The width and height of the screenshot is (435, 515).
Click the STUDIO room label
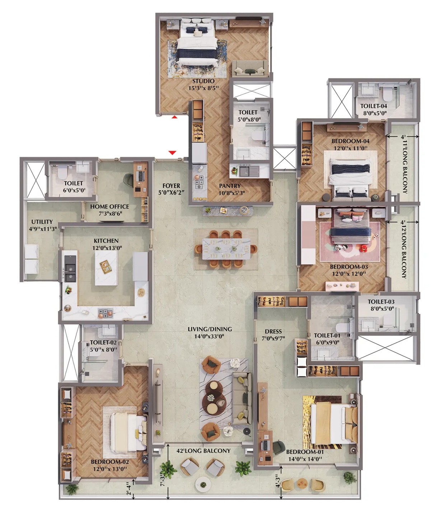click(203, 81)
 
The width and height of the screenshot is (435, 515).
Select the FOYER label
click(171, 186)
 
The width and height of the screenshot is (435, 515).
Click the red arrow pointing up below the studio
click(174, 117)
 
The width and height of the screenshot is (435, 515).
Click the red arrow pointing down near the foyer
click(172, 153)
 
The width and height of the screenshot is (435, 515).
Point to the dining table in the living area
click(226, 249)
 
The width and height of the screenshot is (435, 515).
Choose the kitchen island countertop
click(106, 268)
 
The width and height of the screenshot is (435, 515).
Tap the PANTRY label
click(230, 186)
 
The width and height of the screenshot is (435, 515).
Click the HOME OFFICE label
click(109, 206)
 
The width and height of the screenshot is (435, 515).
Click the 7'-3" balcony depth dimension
click(163, 479)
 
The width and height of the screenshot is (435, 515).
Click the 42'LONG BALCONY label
click(203, 451)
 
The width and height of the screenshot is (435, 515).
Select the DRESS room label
click(273, 331)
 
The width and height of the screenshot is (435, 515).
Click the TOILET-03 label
click(381, 301)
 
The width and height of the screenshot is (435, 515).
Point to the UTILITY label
click(42, 221)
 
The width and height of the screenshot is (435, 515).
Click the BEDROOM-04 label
click(350, 141)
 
